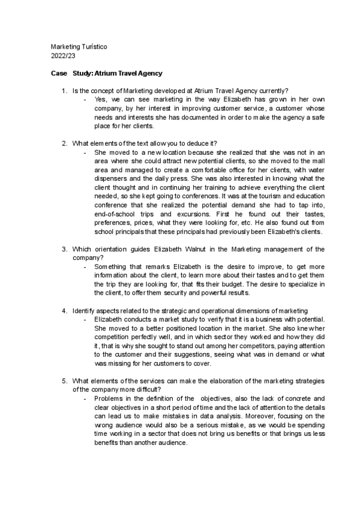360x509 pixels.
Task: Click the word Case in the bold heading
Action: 59,73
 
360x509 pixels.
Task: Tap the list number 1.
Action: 64,91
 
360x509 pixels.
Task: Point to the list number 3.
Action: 64,248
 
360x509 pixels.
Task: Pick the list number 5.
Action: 64,381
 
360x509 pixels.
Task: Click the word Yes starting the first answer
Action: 100,100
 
